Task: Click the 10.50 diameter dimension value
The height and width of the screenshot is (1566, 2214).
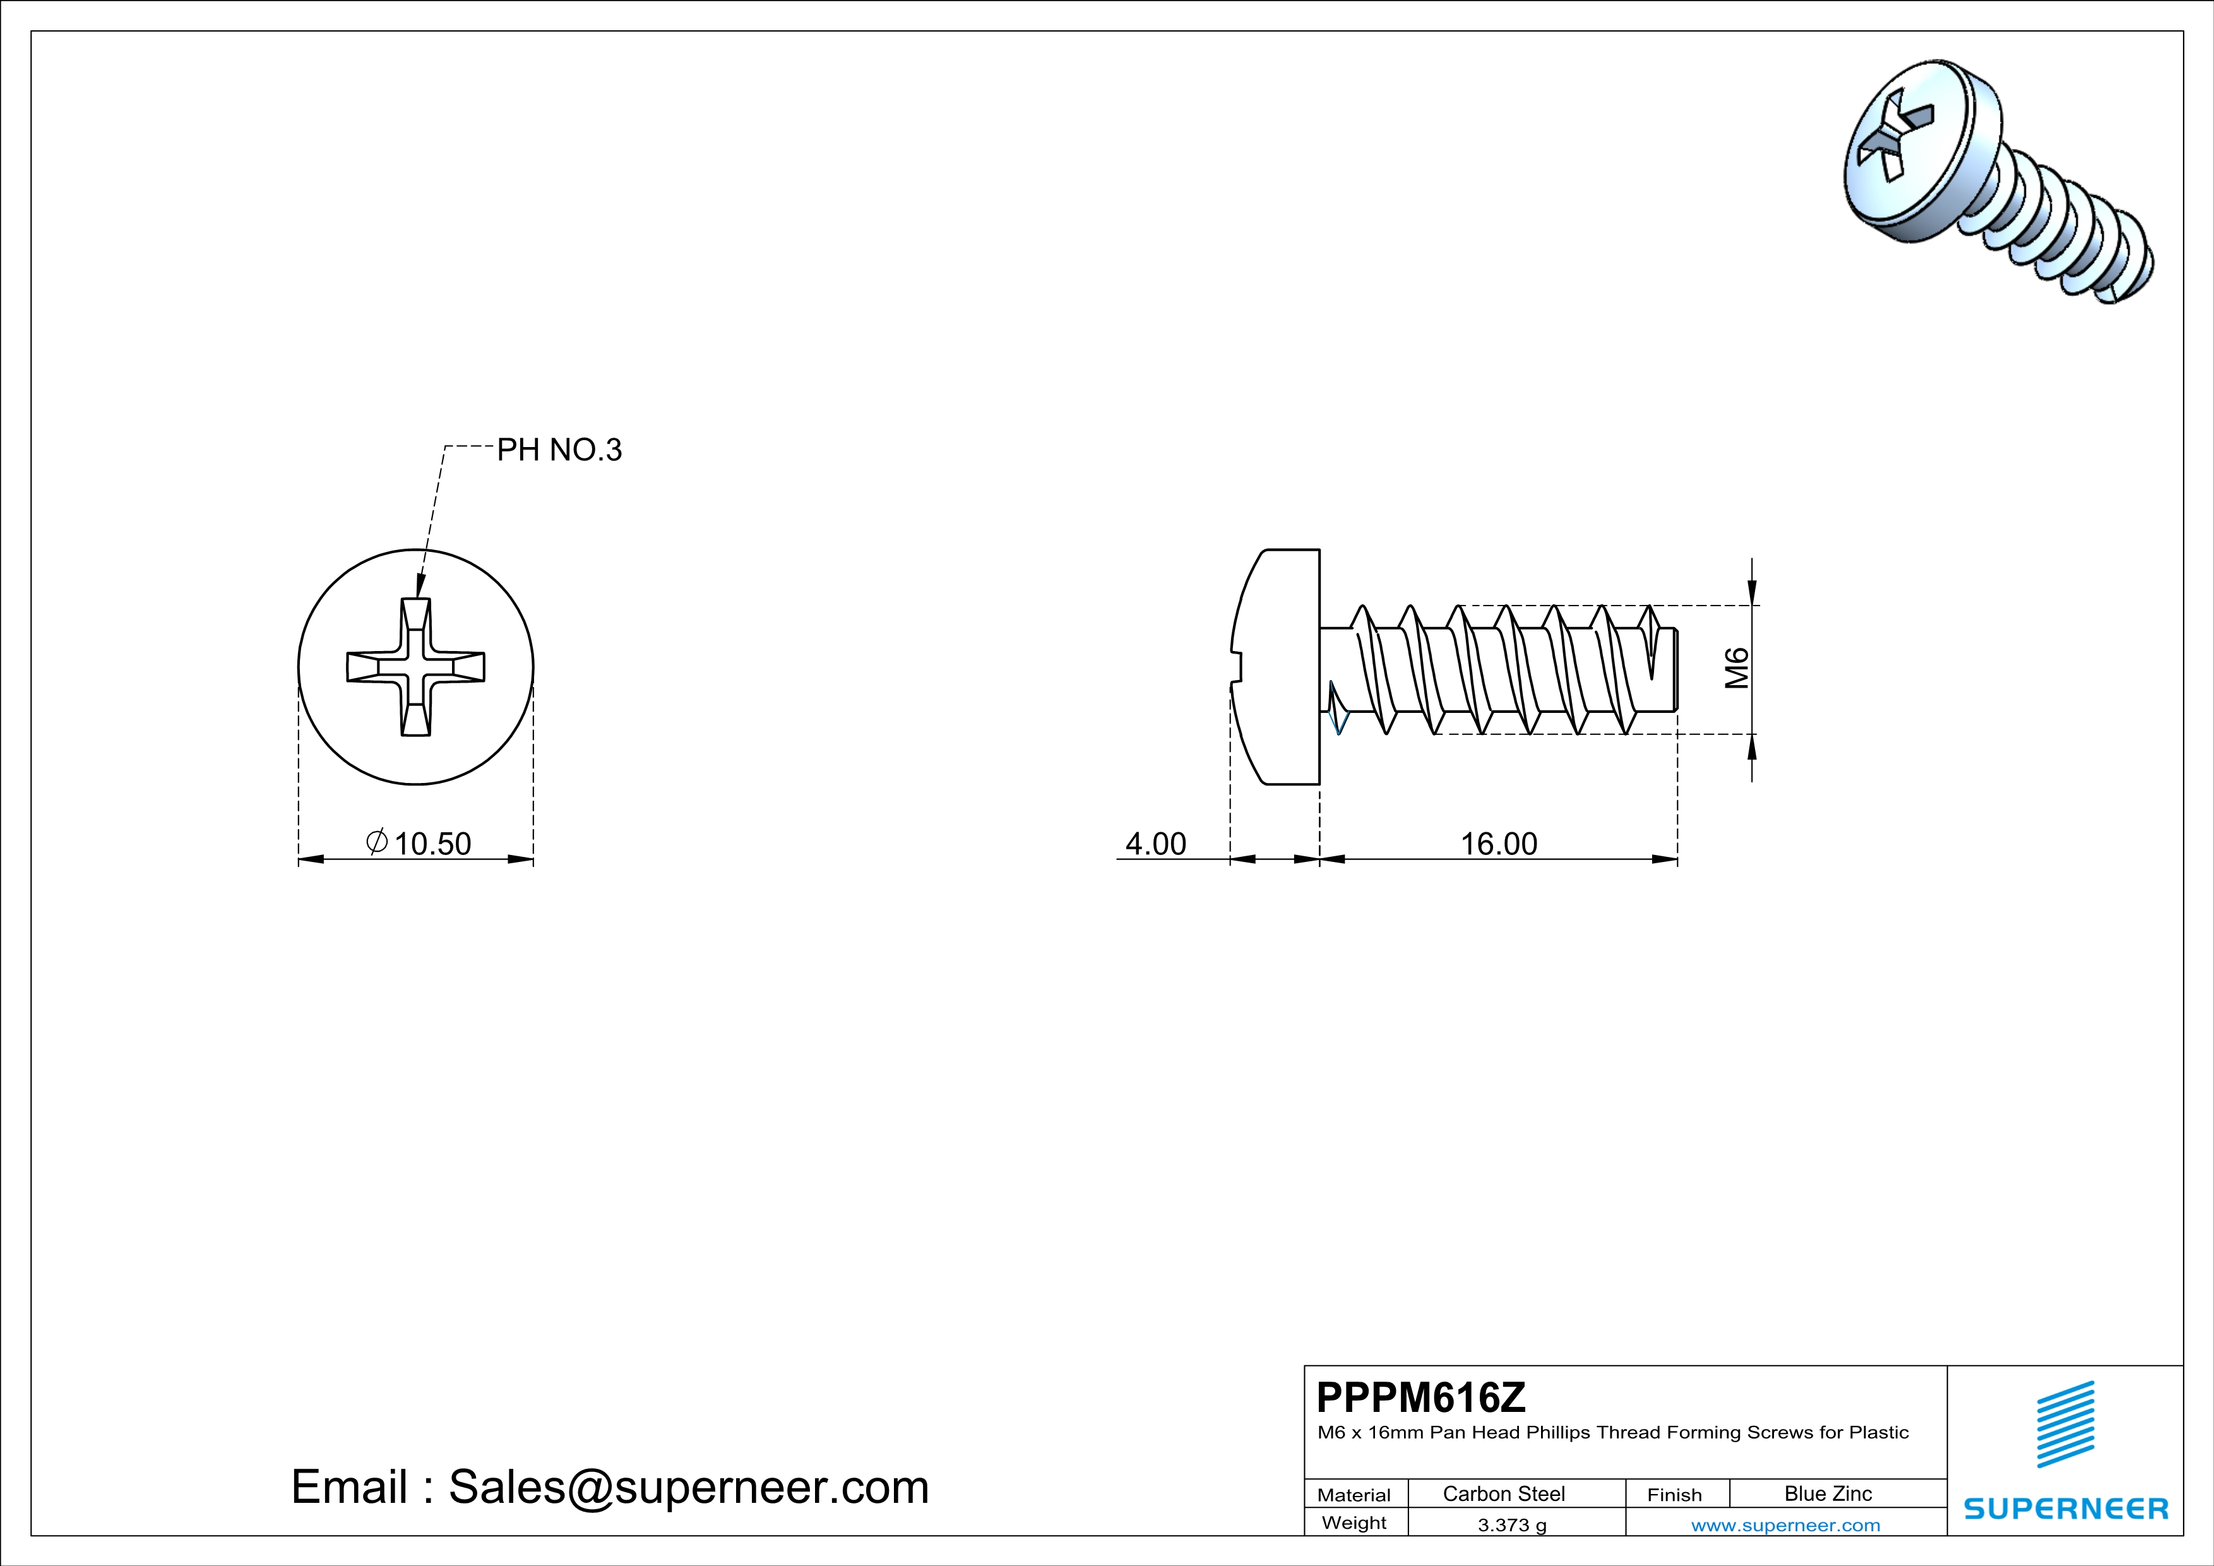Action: (432, 844)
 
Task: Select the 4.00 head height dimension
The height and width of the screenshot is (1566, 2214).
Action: (1155, 844)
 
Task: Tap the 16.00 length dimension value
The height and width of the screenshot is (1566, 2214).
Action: (1499, 844)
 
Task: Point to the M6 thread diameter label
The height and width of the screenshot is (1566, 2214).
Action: (1737, 668)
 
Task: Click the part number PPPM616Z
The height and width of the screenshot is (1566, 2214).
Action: (1421, 1397)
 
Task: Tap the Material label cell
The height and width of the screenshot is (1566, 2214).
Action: (1354, 1495)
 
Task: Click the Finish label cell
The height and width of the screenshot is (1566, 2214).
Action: (1674, 1495)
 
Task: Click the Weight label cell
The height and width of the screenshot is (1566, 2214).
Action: (1354, 1522)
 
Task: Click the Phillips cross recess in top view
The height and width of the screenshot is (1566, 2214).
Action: (415, 667)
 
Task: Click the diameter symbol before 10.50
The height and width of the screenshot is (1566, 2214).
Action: (377, 842)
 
